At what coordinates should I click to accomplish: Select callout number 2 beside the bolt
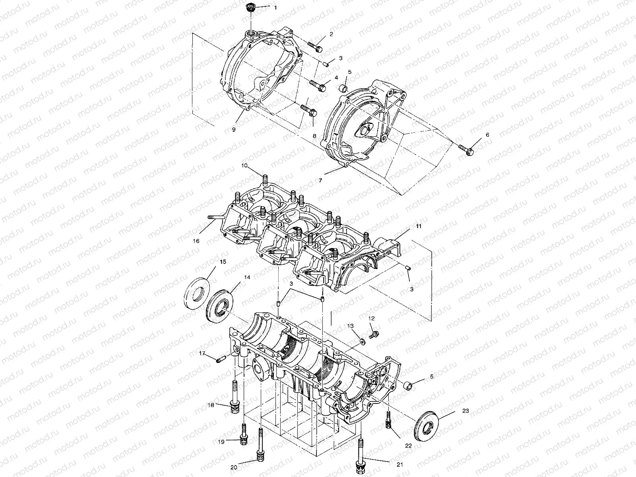click(x=331, y=34)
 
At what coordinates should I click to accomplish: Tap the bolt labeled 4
click(x=318, y=85)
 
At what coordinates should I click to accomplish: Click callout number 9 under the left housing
click(x=234, y=129)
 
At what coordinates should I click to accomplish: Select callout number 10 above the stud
click(x=255, y=165)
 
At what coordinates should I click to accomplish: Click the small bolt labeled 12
click(x=374, y=335)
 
